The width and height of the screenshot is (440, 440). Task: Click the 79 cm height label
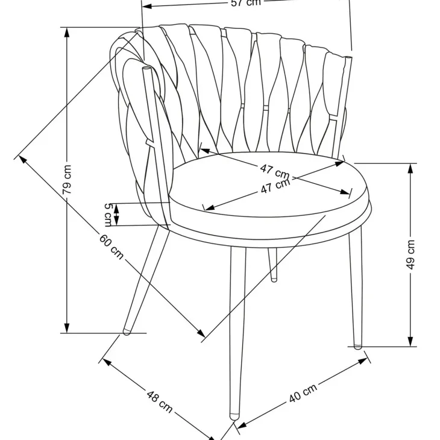(x=67, y=180)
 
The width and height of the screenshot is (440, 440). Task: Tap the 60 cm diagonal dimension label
(x=112, y=247)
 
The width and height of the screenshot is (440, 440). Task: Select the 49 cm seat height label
(x=410, y=254)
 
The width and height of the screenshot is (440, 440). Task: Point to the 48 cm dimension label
(x=159, y=401)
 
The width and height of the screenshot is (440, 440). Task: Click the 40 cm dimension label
(x=303, y=392)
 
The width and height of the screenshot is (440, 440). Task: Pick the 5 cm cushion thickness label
(x=108, y=215)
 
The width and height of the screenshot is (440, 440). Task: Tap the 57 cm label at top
(x=246, y=3)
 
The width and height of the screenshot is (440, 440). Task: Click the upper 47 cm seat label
(x=274, y=172)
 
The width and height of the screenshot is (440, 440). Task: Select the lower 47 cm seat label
(x=275, y=186)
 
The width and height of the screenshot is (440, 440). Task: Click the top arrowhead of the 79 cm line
(x=67, y=33)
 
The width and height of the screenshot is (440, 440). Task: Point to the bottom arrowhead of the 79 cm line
(x=67, y=327)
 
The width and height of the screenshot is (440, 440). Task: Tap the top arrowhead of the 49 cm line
(x=410, y=169)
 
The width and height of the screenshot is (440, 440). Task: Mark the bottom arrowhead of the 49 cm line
(x=410, y=341)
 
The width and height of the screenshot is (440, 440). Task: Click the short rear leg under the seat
(x=273, y=265)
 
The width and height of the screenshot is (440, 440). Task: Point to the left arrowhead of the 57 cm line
(x=147, y=6)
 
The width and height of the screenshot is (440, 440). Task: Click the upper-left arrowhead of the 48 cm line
(x=107, y=363)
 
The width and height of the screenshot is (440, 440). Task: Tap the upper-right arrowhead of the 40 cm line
(x=362, y=361)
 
